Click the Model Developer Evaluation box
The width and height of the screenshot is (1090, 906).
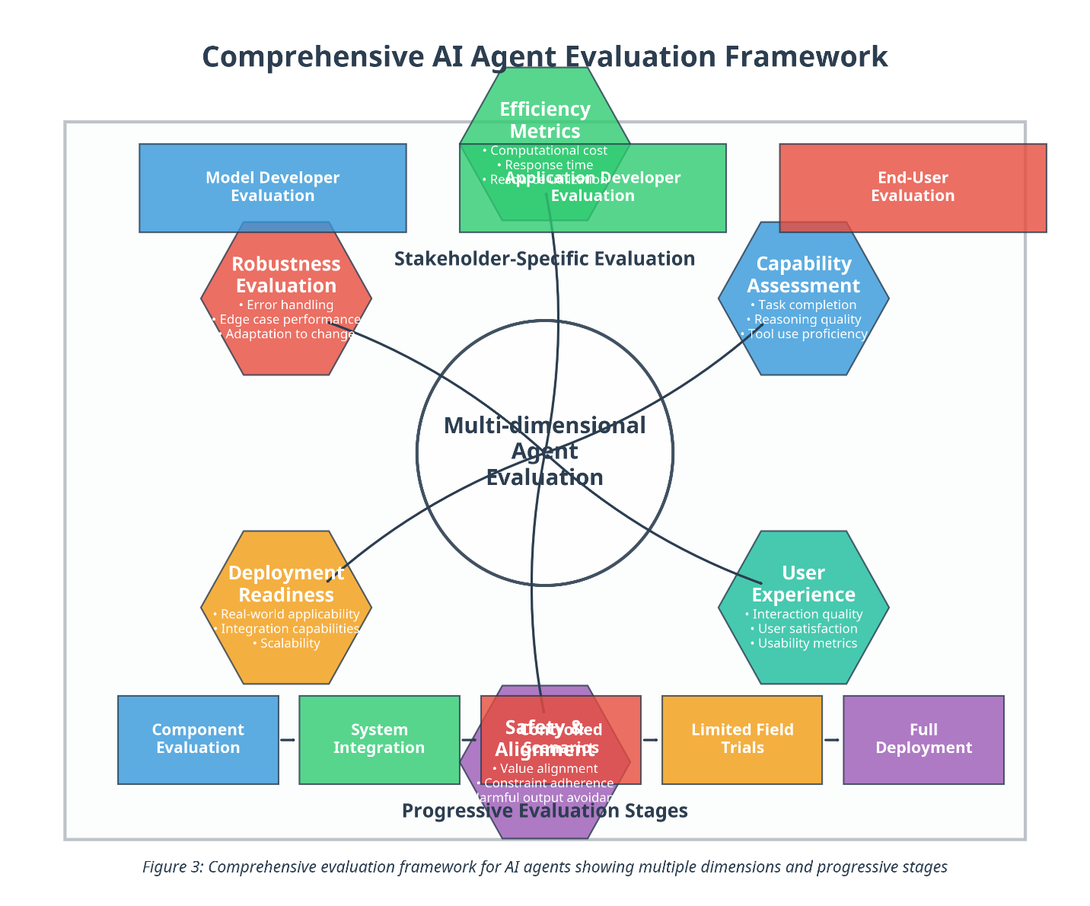272,187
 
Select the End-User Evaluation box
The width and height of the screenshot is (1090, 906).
912,187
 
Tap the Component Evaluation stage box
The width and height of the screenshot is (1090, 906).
198,739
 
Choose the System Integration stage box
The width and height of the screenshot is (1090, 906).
379,739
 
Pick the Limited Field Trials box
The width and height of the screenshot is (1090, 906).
742,739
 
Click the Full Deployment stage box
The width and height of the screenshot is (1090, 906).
923,739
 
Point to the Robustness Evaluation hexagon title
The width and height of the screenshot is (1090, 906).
286,275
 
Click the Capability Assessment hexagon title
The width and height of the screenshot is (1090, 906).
803,275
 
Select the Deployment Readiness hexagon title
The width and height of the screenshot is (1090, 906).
286,584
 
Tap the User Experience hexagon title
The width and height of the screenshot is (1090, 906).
803,584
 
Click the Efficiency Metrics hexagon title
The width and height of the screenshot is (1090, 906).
545,120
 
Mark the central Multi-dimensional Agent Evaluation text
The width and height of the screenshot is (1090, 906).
545,451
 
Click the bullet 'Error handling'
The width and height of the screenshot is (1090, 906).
287,305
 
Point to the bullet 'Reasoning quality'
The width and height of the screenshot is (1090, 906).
804,320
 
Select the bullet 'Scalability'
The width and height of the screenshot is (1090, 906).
287,643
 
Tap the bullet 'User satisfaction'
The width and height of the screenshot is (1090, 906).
804,629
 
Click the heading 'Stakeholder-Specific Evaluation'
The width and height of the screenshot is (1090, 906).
545,259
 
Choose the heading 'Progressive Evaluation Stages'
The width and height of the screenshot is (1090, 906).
545,811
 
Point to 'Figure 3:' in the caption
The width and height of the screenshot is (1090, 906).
173,867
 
